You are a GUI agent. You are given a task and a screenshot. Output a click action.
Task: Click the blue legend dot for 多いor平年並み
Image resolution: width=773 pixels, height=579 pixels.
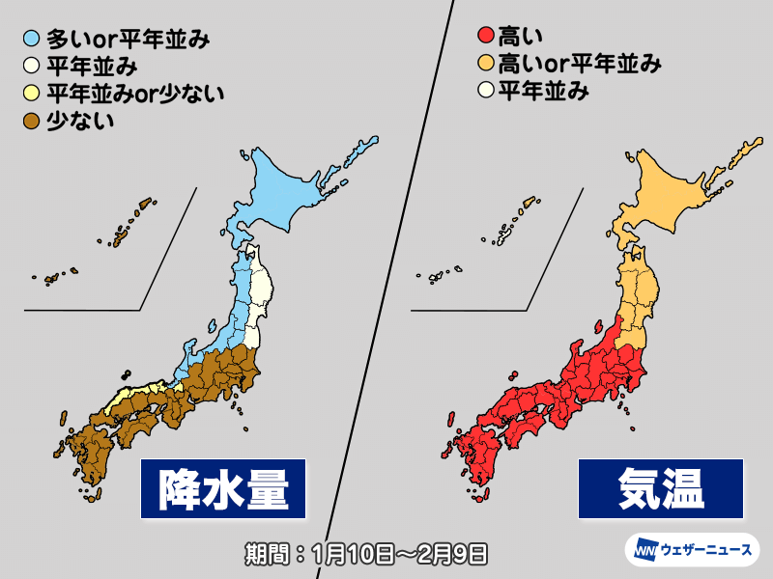(33, 41)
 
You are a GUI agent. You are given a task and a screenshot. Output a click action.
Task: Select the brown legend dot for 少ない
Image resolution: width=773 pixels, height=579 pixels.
(33, 121)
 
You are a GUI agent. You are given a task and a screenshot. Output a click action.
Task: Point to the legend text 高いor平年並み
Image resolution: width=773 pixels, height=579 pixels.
(579, 65)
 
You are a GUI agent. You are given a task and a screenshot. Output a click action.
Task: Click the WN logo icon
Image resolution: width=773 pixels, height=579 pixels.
(644, 552)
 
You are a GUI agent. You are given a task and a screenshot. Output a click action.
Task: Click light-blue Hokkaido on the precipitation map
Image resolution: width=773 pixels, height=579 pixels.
(290, 188)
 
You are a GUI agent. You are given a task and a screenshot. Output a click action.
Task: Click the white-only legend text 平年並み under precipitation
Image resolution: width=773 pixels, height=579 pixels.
(92, 67)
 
